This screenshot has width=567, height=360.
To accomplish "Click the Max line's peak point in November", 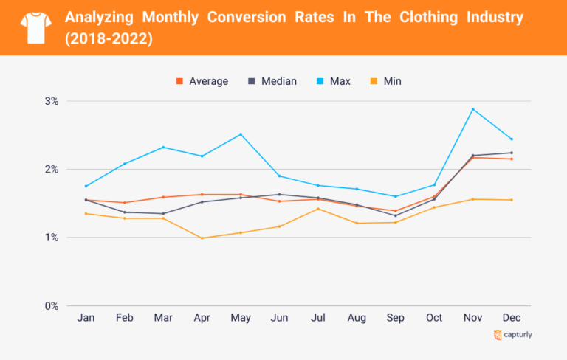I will click(472, 109).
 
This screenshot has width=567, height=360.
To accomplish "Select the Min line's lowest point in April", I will click(202, 238).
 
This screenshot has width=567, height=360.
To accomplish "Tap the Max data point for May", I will click(241, 134).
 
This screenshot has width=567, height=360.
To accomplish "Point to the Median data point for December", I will click(512, 153).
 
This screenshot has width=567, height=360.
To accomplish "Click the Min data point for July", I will click(318, 209).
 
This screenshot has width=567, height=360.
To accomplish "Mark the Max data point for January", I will click(86, 186).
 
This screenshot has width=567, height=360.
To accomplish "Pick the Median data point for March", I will click(163, 213).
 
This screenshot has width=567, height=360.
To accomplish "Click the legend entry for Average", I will click(202, 81).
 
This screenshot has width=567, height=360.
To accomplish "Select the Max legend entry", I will click(333, 81).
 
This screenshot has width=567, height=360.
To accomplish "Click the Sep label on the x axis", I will click(395, 318).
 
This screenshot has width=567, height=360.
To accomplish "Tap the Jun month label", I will click(279, 318).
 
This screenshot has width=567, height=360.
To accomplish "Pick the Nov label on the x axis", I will click(472, 318).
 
